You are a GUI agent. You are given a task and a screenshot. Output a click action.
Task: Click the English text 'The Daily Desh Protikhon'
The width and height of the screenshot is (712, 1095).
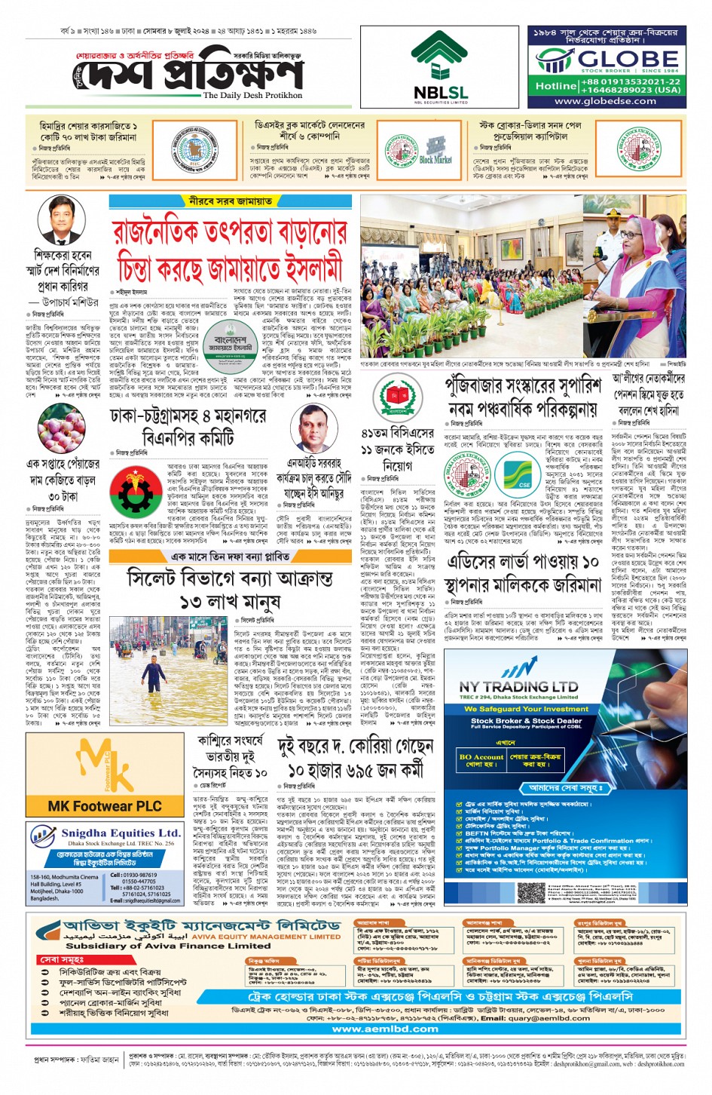[x=252, y=96]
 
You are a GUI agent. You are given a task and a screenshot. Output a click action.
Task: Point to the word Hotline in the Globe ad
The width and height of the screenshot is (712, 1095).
[x=555, y=86]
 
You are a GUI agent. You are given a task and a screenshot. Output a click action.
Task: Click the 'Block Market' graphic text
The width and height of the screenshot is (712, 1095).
[x=435, y=160]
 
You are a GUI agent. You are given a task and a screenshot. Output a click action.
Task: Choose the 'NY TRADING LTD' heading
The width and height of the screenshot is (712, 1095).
[x=518, y=687]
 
